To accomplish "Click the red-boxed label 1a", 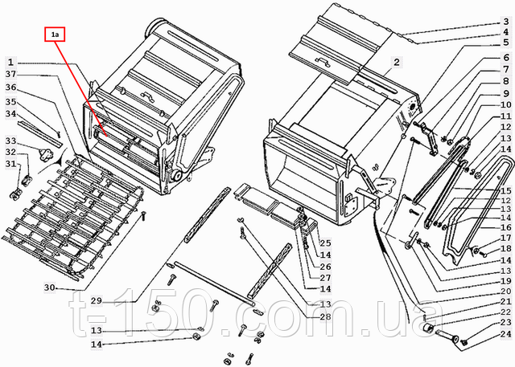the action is (x=55, y=35).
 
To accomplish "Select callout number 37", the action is (x=10, y=75).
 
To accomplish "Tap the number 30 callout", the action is (x=50, y=287).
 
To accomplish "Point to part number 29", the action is (x=97, y=300).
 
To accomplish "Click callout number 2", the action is (x=397, y=62).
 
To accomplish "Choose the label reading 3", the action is (x=506, y=22).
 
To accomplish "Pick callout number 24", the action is (x=506, y=334).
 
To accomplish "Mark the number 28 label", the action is (x=325, y=316).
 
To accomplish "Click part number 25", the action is (x=325, y=243).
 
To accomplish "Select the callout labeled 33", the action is (x=10, y=141).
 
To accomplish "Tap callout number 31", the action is (x=10, y=163).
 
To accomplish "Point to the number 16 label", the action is (x=506, y=226).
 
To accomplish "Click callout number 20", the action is (x=506, y=291).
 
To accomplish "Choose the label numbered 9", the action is (x=506, y=94).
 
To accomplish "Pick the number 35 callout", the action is (x=10, y=102).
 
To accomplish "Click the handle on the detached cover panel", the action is (x=322, y=61).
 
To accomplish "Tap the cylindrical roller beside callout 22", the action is (x=427, y=328).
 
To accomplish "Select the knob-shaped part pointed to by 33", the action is (x=45, y=153).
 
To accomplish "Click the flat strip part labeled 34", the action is (x=39, y=133).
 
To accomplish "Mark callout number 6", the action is (x=506, y=58).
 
